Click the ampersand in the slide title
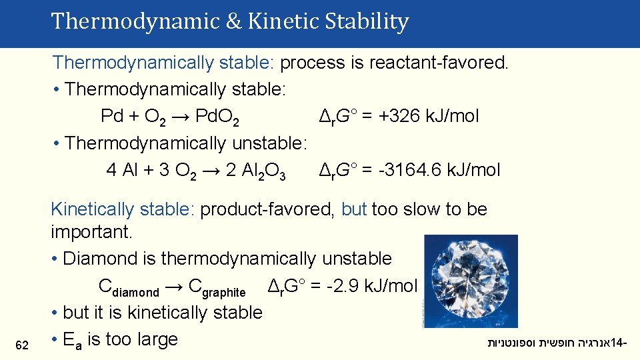[233, 22]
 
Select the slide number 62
[22, 345]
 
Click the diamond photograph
[470, 281]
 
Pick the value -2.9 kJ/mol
[373, 286]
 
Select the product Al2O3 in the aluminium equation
[256, 171]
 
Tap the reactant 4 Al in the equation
[122, 170]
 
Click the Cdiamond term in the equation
[129, 288]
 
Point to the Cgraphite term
[217, 288]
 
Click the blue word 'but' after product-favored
[354, 209]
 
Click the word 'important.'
[92, 233]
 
